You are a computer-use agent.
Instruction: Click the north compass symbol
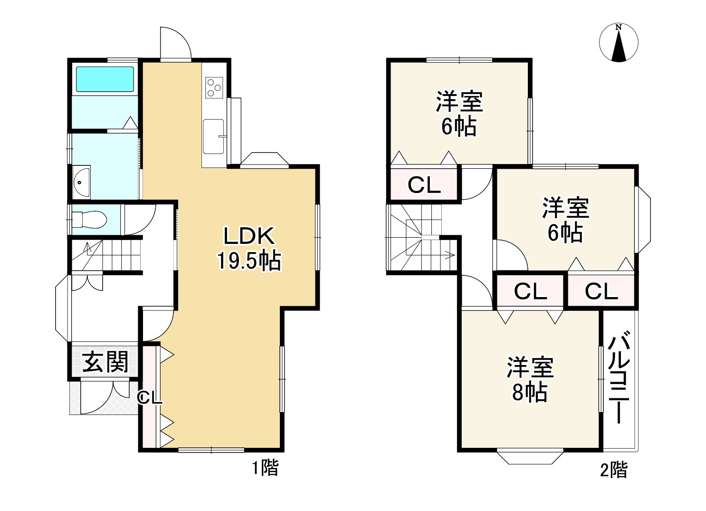(x=619, y=43)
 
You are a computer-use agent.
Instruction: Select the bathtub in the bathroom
(x=105, y=79)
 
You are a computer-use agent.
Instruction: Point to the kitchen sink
(x=214, y=136)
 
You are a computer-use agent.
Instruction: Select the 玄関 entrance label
(x=105, y=363)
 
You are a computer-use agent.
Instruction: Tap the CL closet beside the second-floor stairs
(x=424, y=185)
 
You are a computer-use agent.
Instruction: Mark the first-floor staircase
(x=107, y=255)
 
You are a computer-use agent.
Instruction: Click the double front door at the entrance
(x=105, y=397)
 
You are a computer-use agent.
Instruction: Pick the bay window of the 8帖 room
(x=530, y=456)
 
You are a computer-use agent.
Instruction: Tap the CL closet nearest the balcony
(x=601, y=291)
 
